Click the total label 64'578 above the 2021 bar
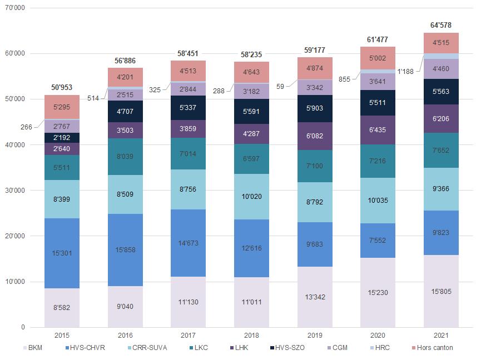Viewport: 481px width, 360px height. [441, 25]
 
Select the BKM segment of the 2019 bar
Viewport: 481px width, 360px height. [315, 297]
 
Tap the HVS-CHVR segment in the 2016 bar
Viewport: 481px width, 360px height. [125, 249]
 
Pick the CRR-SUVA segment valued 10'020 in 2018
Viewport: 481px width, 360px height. [251, 196]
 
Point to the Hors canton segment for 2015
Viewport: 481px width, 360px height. [62, 107]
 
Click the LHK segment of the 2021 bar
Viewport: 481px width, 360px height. [441, 119]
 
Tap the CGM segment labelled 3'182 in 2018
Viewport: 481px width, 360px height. [251, 91]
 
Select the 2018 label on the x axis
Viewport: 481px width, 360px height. [251, 336]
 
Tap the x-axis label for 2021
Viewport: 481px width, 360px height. [441, 336]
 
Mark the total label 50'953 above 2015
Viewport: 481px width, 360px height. [62, 87]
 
